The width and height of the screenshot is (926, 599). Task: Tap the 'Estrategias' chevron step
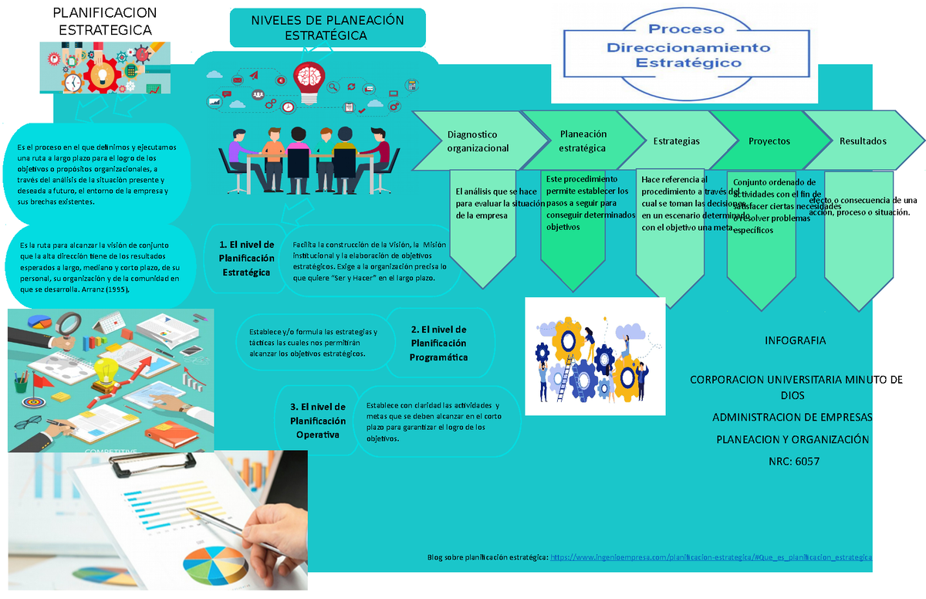tap(676, 141)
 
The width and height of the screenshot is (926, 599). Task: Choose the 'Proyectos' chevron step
tap(769, 141)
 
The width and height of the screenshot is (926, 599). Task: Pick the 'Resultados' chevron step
tap(863, 141)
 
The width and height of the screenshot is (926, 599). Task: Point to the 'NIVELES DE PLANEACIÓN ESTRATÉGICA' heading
tap(327, 28)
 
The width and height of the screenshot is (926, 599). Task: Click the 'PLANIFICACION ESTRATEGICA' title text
tap(105, 22)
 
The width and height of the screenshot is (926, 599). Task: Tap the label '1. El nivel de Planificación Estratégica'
tap(246, 259)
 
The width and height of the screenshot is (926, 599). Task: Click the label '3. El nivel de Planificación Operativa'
tap(318, 421)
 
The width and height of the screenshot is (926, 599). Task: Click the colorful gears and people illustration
tap(594, 357)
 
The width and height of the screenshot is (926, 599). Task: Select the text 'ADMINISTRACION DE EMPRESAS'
tap(793, 418)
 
